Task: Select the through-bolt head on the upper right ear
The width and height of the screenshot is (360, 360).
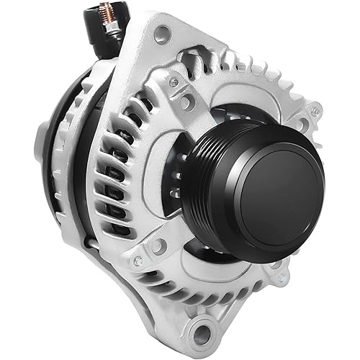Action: [315, 111]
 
